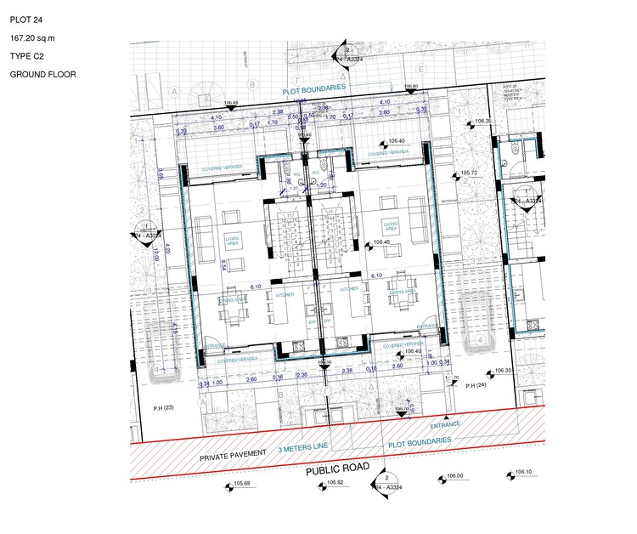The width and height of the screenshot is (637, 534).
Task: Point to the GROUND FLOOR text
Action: [43, 75]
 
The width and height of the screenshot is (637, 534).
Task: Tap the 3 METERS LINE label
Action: [301, 448]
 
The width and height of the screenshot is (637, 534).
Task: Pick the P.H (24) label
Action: [476, 386]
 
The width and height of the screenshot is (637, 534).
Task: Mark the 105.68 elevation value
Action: [242, 485]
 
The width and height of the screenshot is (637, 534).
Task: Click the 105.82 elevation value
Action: [335, 483]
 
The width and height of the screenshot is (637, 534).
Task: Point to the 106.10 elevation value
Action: [522, 473]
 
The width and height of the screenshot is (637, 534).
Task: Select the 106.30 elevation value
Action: [504, 371]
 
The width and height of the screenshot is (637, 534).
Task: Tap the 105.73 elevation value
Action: [470, 173]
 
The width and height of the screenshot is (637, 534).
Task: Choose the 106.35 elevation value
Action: [483, 122]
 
